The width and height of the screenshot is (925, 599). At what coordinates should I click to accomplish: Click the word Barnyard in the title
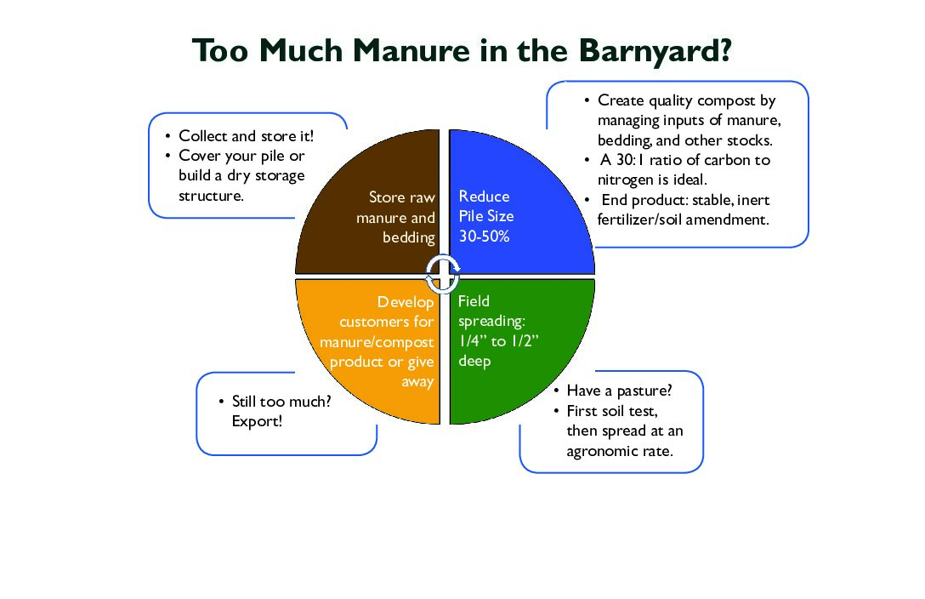point(655,51)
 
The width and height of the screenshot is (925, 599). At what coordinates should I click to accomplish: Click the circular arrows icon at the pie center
point(442,275)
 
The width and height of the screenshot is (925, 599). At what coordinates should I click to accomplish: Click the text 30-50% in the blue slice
point(484,236)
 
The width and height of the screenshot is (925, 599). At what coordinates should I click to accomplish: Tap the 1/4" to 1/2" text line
point(498,341)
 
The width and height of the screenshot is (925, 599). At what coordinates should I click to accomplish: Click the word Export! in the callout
point(258,421)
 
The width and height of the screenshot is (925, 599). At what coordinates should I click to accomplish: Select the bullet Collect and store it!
point(246,136)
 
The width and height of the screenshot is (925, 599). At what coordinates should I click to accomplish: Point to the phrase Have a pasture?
point(619,391)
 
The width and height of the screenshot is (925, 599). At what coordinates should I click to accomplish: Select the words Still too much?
point(281,402)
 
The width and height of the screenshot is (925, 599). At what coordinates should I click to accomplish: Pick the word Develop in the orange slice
point(406,302)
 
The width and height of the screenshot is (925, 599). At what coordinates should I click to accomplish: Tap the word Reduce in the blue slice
point(485,197)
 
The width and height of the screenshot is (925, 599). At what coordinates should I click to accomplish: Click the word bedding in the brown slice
point(409,238)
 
